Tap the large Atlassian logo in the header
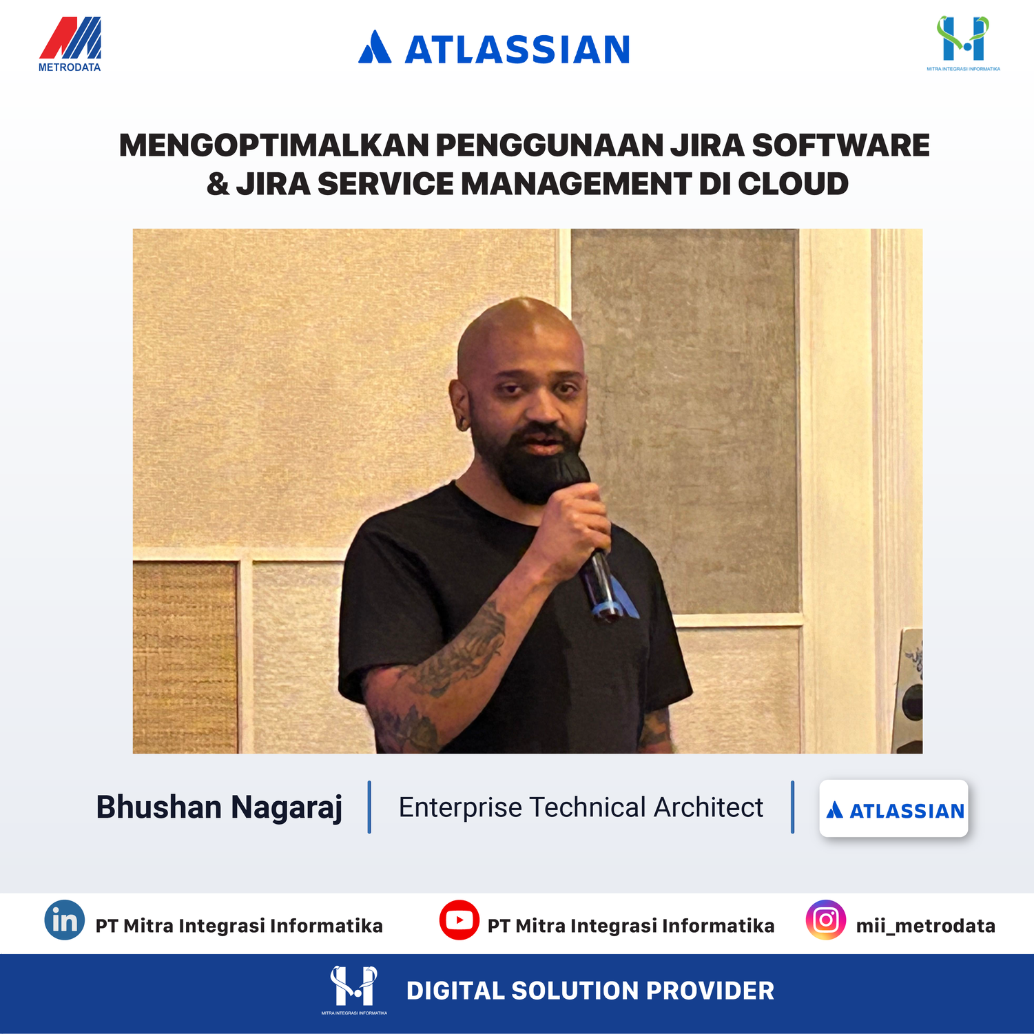(x=494, y=48)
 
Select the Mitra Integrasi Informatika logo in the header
(x=963, y=43)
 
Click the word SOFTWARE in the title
(x=840, y=145)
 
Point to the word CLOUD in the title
(x=793, y=184)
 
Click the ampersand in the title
(x=218, y=184)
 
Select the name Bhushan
(x=158, y=807)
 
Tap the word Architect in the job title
(x=708, y=807)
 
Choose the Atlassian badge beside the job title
(x=893, y=809)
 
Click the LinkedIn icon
(x=65, y=920)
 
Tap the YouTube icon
(x=459, y=920)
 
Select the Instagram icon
(x=826, y=920)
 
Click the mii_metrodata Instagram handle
(x=926, y=926)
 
